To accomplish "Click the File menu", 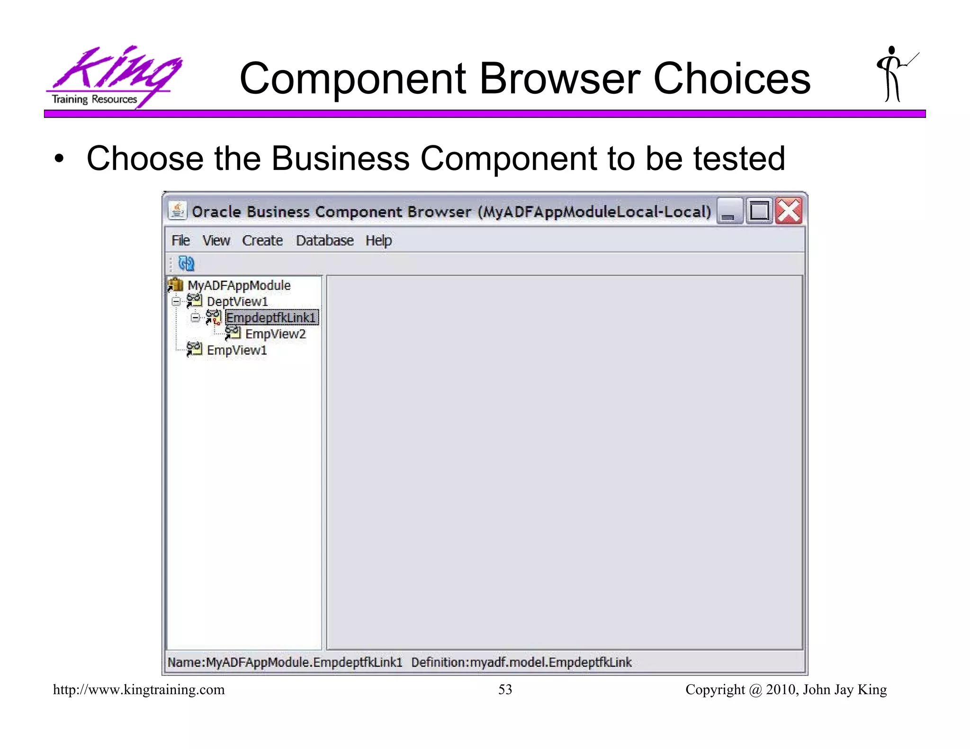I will click(x=180, y=241).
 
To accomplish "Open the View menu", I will click(x=216, y=241).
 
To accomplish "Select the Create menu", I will click(x=262, y=241).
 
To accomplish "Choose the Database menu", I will click(x=324, y=241).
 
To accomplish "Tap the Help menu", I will click(x=378, y=241).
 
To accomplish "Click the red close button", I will click(x=788, y=211).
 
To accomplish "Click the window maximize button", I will click(x=759, y=211).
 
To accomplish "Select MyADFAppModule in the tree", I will click(x=239, y=285).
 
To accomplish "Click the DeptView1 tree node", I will click(x=237, y=302).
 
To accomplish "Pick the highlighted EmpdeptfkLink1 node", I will click(x=271, y=318).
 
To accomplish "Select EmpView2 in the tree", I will click(x=275, y=334).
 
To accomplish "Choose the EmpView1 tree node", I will click(x=237, y=350).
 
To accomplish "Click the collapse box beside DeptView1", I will click(x=176, y=302).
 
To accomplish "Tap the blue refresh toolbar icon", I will click(x=186, y=264).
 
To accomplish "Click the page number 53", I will click(x=505, y=689).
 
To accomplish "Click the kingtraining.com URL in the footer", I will click(x=139, y=689).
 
